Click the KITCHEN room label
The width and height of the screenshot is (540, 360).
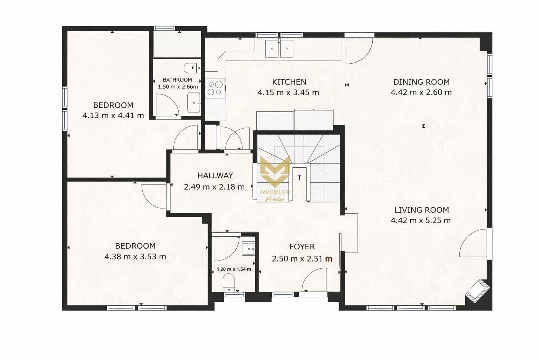[x=289, y=82]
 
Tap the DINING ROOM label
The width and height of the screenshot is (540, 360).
[x=421, y=82]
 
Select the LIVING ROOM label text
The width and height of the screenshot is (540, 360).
[x=421, y=210]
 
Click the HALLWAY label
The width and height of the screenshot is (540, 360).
[x=215, y=175]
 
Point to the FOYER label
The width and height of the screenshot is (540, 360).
[x=302, y=247]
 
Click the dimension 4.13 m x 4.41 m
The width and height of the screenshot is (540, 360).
[x=113, y=115]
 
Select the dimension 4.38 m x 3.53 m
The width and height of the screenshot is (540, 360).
[x=135, y=257]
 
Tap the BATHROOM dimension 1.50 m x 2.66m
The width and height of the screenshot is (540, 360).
[x=178, y=86]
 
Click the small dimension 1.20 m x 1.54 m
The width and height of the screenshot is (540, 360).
[x=234, y=269]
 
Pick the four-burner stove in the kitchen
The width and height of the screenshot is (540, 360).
[x=215, y=88]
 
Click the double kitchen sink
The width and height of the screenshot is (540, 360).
[x=279, y=48]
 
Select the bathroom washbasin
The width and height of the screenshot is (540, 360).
[x=194, y=102]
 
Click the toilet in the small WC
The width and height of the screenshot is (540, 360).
[x=229, y=282]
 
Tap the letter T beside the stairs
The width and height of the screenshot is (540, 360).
[x=300, y=178]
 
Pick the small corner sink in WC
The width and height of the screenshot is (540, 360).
[x=249, y=249]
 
